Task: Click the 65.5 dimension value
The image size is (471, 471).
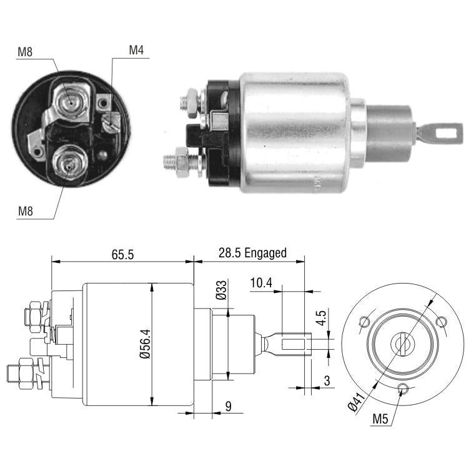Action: click(122, 254)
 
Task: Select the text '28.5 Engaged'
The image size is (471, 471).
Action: click(252, 253)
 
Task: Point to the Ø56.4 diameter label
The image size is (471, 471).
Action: click(146, 344)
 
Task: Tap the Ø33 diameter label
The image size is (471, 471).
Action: click(221, 290)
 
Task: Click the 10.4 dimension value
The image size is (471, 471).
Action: click(261, 282)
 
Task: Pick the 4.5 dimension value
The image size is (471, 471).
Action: click(321, 318)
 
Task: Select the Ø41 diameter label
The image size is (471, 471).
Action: click(357, 402)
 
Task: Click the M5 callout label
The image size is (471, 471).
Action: click(380, 419)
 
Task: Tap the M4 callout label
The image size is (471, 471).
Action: click(136, 50)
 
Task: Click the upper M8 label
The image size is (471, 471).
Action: click(25, 52)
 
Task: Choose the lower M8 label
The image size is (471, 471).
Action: click(25, 211)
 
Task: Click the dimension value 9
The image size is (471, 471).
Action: click(228, 407)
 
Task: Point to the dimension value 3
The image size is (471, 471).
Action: click(327, 380)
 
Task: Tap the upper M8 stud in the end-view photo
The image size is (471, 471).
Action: click(71, 103)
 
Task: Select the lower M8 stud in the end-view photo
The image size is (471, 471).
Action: click(69, 163)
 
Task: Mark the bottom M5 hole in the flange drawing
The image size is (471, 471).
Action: click(402, 389)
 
